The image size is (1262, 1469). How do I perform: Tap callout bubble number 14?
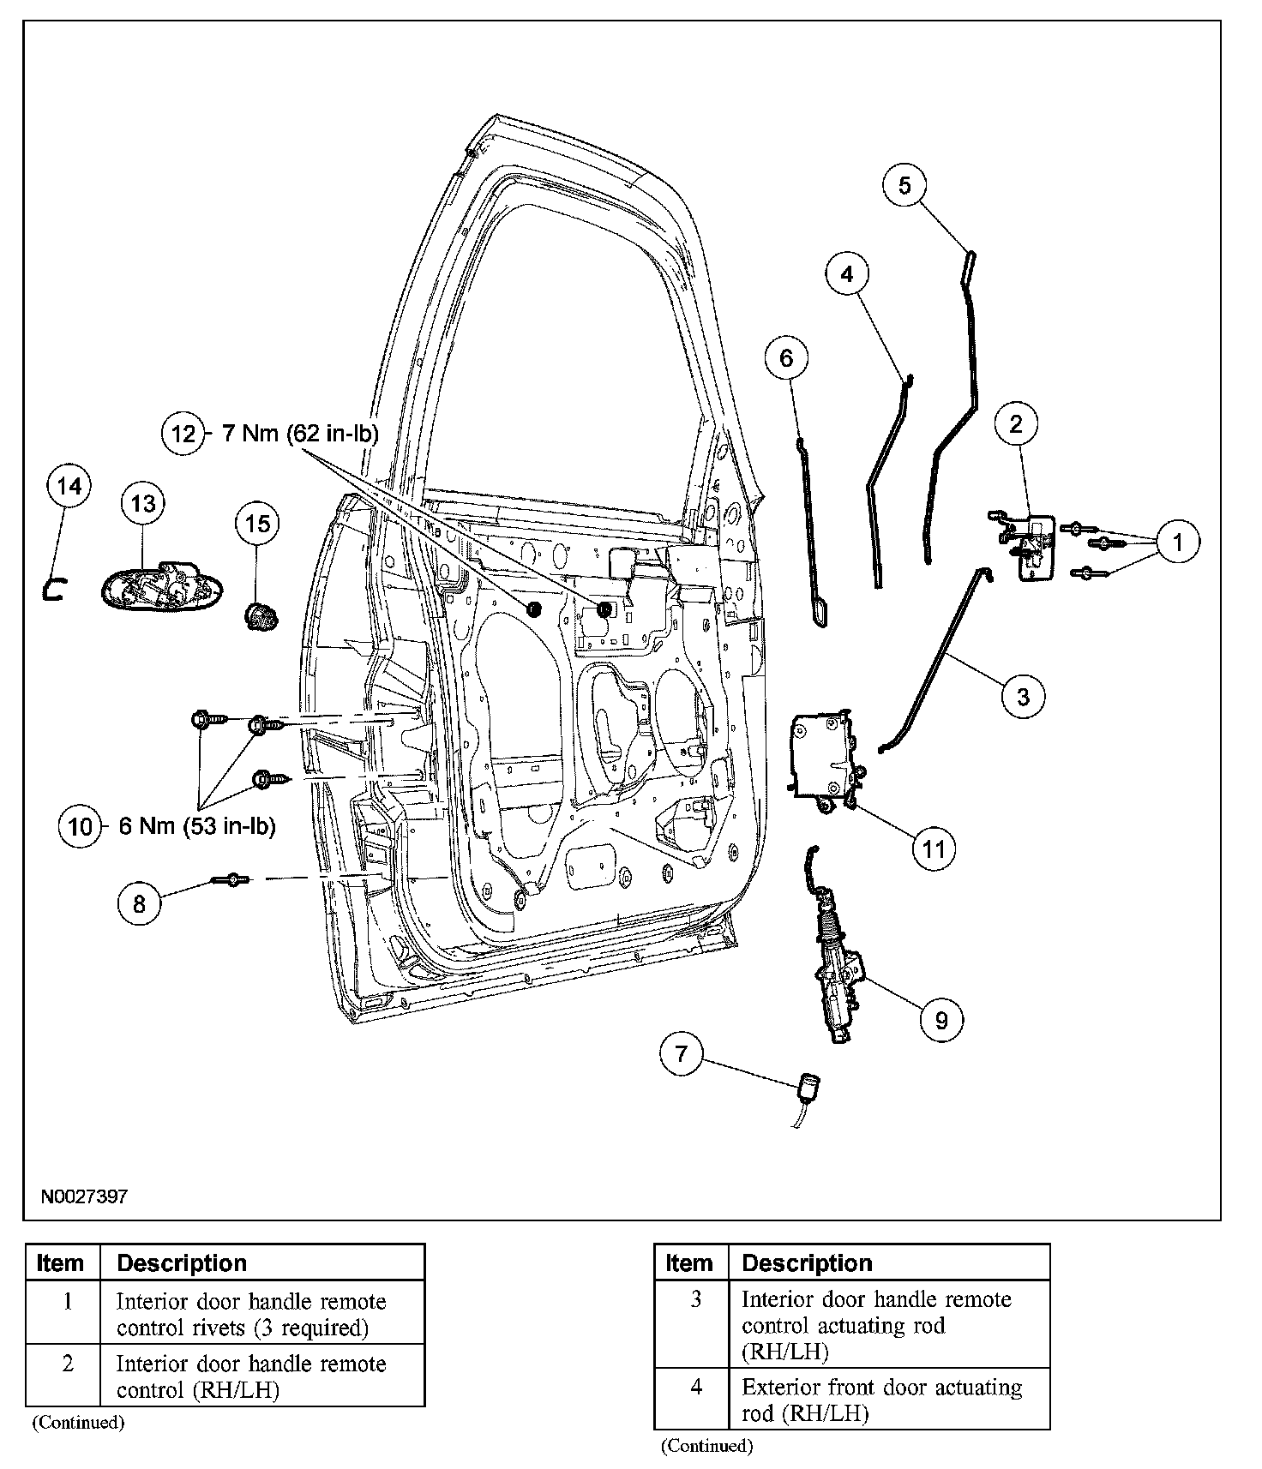coord(69,487)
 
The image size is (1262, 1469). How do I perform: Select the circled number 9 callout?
coord(941,1020)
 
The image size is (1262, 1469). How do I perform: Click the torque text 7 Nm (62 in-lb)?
coord(300,434)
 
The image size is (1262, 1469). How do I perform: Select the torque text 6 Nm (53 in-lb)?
coord(197,827)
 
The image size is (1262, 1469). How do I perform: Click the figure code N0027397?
coord(83,1196)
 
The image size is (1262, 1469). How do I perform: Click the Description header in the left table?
coord(182,1263)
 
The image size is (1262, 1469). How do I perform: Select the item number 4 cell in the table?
coord(695,1387)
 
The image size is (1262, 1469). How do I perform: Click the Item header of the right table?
coord(689,1263)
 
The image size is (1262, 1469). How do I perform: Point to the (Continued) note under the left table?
coord(78,1423)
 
